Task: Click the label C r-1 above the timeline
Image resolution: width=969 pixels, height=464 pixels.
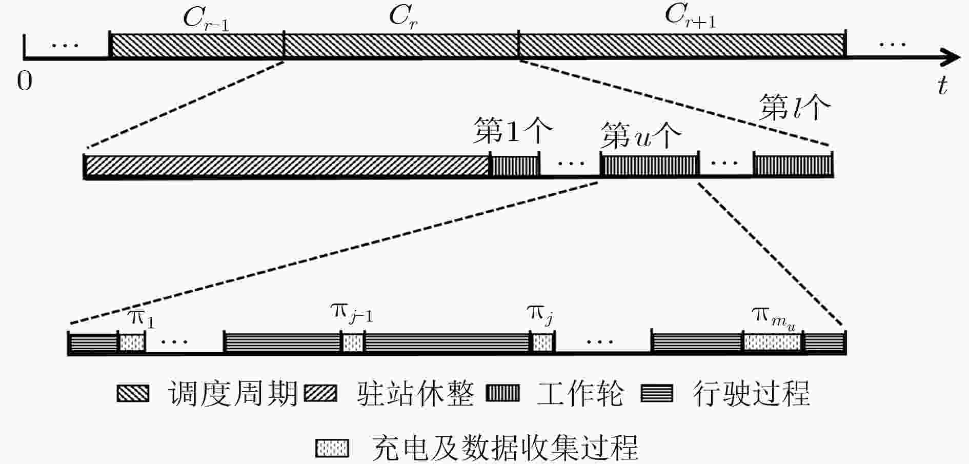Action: point(206,19)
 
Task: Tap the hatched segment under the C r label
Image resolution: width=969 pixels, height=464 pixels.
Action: point(401,46)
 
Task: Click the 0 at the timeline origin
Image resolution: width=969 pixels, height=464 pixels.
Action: point(25,80)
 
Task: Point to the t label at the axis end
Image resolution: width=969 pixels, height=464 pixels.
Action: point(942,85)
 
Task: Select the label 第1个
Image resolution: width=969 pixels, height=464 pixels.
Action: point(512,131)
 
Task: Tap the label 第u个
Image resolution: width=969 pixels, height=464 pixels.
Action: point(641,135)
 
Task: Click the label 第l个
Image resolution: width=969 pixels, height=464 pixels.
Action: point(794,108)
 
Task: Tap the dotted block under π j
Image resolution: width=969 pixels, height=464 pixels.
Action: point(542,342)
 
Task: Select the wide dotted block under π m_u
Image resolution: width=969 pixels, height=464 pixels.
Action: point(773,342)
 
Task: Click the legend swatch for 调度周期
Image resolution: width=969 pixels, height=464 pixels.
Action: point(133,393)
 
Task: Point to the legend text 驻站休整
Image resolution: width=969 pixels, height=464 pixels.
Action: point(415,393)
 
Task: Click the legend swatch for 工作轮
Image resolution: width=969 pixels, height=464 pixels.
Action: point(502,393)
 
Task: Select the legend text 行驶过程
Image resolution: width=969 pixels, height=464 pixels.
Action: point(751,393)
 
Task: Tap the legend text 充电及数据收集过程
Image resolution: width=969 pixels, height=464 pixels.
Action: point(505,448)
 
